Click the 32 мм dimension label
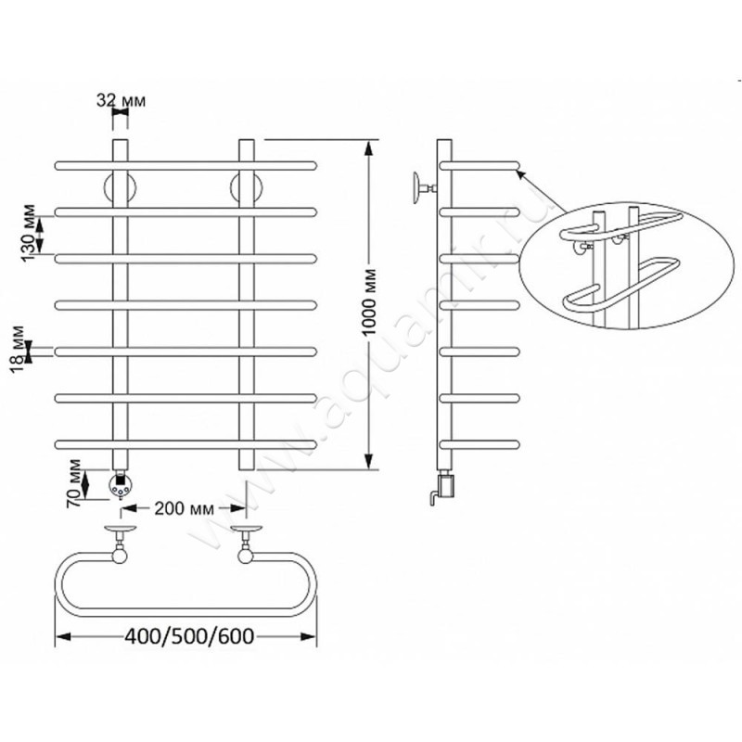tap(122, 100)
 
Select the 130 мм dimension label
tap(29, 232)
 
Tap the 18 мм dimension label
tap(18, 350)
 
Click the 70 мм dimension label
tap(74, 483)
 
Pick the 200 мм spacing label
tap(184, 508)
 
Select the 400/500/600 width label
tap(189, 636)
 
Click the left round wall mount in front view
tap(121, 187)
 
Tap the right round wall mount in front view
tap(246, 187)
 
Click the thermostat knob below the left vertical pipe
tap(120, 485)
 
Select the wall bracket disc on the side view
tap(416, 187)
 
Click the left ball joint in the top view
tap(120, 555)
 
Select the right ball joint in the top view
tap(246, 555)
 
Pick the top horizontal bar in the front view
tap(186, 166)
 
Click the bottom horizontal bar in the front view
tap(186, 444)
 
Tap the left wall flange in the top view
tap(121, 528)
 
